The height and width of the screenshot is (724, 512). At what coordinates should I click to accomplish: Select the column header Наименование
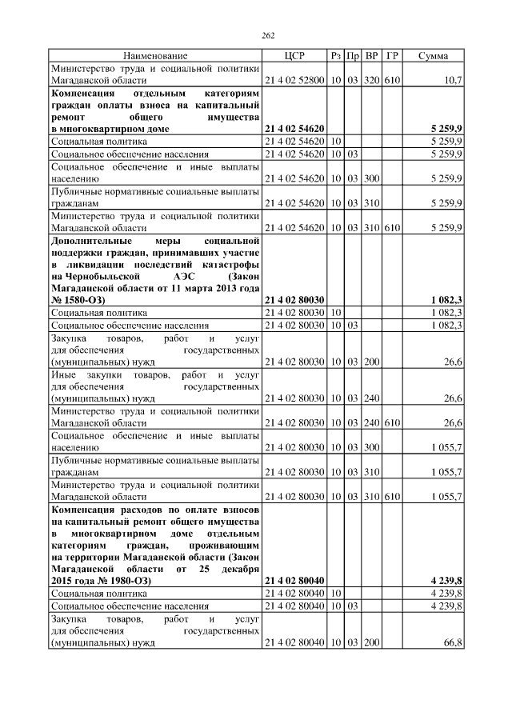pos(155,56)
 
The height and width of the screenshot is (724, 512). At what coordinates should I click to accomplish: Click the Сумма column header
pos(433,56)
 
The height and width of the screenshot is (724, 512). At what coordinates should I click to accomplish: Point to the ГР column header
pos(392,56)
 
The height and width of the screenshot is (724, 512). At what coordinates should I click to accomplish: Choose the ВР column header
pos(371,56)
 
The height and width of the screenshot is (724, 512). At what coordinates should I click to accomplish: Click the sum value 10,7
pos(452,81)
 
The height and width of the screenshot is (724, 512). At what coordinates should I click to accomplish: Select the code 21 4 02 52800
pos(294,81)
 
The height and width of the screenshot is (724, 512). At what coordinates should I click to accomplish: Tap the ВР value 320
pos(371,81)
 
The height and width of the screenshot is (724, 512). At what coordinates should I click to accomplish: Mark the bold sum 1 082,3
pos(446,299)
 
